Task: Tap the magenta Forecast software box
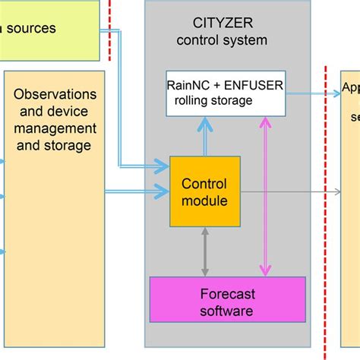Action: click(x=226, y=301)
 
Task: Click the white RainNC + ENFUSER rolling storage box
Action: click(x=226, y=93)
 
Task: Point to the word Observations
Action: click(x=55, y=94)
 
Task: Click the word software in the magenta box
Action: click(x=226, y=310)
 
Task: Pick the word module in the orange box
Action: click(x=204, y=200)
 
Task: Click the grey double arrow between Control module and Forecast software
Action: click(x=204, y=251)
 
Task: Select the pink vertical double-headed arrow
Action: click(x=264, y=197)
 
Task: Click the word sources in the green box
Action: click(x=30, y=29)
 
